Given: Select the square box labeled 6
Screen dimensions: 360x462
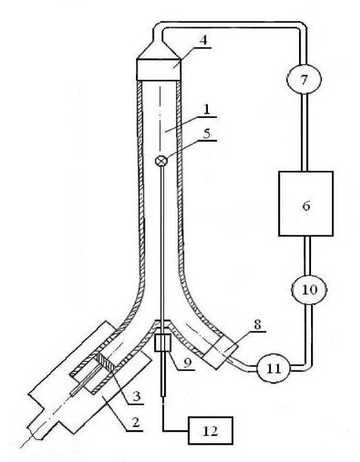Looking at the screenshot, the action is point(305,203).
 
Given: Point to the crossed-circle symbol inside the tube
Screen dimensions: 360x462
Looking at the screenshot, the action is point(162,161).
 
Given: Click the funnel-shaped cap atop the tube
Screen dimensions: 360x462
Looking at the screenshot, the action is point(159,63).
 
